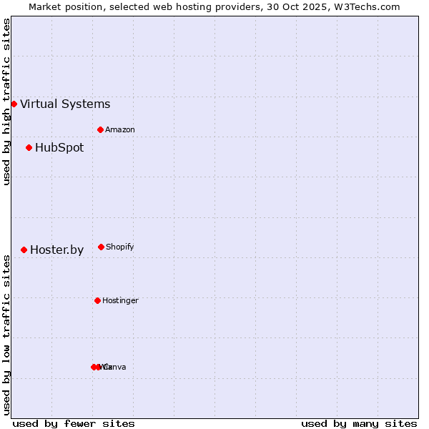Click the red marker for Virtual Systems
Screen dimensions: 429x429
tap(14, 104)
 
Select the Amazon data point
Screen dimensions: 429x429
tap(101, 129)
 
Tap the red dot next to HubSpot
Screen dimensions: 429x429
tap(29, 147)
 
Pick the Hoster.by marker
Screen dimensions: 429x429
tap(24, 250)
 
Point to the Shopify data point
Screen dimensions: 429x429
tap(101, 247)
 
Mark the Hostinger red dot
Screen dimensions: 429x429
tap(97, 300)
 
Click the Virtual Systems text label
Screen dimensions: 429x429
tap(65, 104)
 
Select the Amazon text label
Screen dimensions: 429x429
tap(120, 130)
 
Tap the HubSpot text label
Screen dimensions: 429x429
tap(59, 148)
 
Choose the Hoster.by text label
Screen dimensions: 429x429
tap(56, 250)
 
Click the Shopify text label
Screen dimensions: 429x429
tap(120, 247)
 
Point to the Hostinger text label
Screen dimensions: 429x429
tap(120, 301)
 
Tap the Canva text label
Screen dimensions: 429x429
tap(115, 368)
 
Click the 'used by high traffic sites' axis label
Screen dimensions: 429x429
tap(6, 102)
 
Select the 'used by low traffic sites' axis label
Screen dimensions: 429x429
tap(6, 335)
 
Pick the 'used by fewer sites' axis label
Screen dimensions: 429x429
tap(74, 423)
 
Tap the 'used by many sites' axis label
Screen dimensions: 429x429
tap(359, 423)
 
